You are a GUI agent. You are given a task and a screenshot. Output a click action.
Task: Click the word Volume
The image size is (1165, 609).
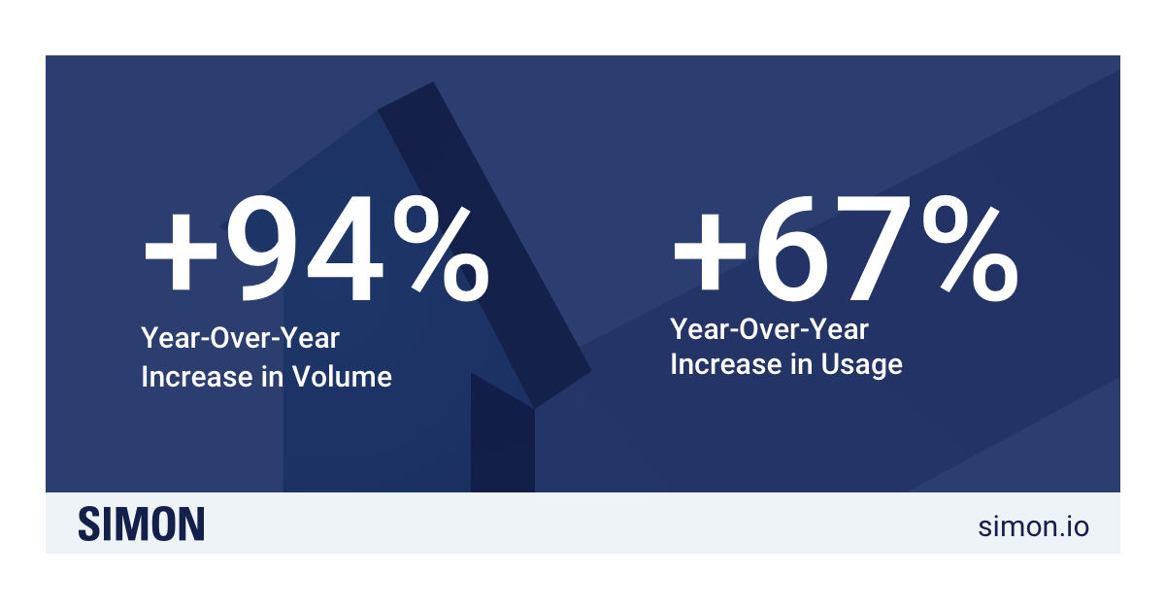(x=342, y=376)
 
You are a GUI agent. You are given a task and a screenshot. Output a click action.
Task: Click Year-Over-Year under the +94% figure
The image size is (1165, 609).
(x=240, y=339)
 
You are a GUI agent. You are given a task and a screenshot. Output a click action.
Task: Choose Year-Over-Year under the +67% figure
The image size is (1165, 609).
(x=769, y=328)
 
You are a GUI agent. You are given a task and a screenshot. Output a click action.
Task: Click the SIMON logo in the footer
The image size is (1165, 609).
(x=142, y=524)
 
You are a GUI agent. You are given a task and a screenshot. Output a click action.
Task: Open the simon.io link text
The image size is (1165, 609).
(x=1033, y=525)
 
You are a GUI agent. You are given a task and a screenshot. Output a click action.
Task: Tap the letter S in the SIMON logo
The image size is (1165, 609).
(x=90, y=524)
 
